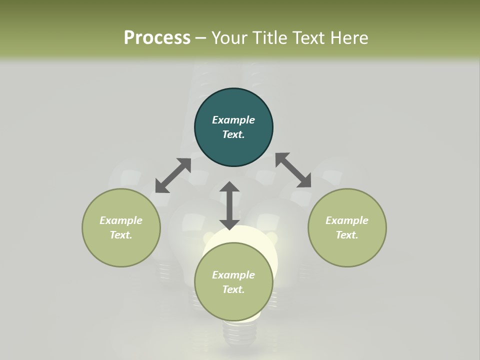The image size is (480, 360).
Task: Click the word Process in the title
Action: [x=157, y=38]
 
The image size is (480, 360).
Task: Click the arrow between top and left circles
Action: [x=173, y=175]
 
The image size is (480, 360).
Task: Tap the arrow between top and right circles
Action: [x=293, y=170]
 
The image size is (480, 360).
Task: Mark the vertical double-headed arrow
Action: [x=229, y=205]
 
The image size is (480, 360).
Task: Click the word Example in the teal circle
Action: [x=233, y=120]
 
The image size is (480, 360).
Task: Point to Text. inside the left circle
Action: [x=121, y=235]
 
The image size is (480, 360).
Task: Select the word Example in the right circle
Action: [x=347, y=220]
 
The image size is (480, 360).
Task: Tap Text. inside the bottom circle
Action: [x=233, y=289]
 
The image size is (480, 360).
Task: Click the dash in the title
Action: [x=200, y=38]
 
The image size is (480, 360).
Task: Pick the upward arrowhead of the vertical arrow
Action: [x=229, y=187]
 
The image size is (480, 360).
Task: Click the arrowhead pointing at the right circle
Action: [x=304, y=181]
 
